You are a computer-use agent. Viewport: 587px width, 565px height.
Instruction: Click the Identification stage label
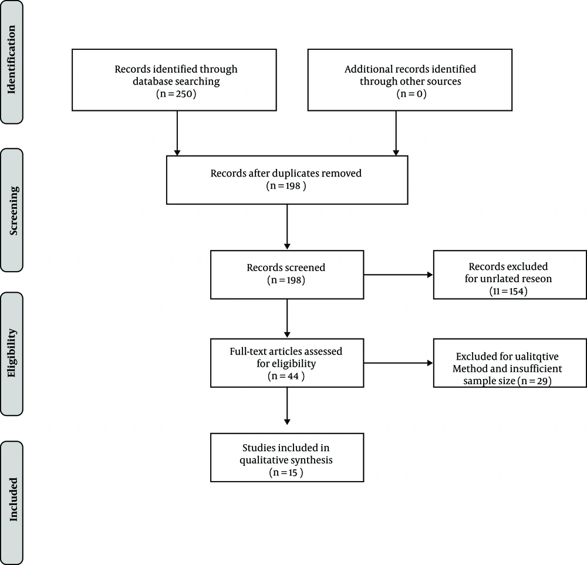click(x=12, y=60)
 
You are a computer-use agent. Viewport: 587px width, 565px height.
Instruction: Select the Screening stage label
click(x=14, y=211)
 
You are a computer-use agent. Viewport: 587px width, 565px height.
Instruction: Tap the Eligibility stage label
click(x=12, y=353)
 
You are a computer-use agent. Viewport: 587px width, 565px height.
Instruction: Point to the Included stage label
click(x=13, y=499)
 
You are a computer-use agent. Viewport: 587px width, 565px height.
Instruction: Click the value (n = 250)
click(x=176, y=93)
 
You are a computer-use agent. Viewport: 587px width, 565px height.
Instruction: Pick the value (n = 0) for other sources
click(x=411, y=93)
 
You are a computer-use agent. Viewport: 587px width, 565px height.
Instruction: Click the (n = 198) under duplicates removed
click(x=286, y=185)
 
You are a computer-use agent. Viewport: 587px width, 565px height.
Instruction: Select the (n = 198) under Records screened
click(x=286, y=280)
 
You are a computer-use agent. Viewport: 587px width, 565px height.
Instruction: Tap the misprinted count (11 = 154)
click(x=508, y=291)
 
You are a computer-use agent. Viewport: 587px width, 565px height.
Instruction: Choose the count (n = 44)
click(x=286, y=375)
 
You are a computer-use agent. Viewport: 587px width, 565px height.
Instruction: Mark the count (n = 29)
click(x=534, y=381)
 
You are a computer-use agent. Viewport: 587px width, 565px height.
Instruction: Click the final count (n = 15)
click(x=286, y=472)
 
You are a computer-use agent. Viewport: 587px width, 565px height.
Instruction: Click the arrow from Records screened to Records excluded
click(x=399, y=275)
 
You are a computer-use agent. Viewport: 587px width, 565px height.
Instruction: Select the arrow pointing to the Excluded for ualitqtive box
click(x=399, y=363)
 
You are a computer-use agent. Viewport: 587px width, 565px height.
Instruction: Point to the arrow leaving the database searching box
click(x=177, y=133)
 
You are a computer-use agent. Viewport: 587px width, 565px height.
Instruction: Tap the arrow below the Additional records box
click(x=396, y=133)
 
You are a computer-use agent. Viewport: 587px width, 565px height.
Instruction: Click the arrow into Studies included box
click(x=287, y=406)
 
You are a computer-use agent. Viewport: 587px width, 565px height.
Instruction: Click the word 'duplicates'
click(x=295, y=174)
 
